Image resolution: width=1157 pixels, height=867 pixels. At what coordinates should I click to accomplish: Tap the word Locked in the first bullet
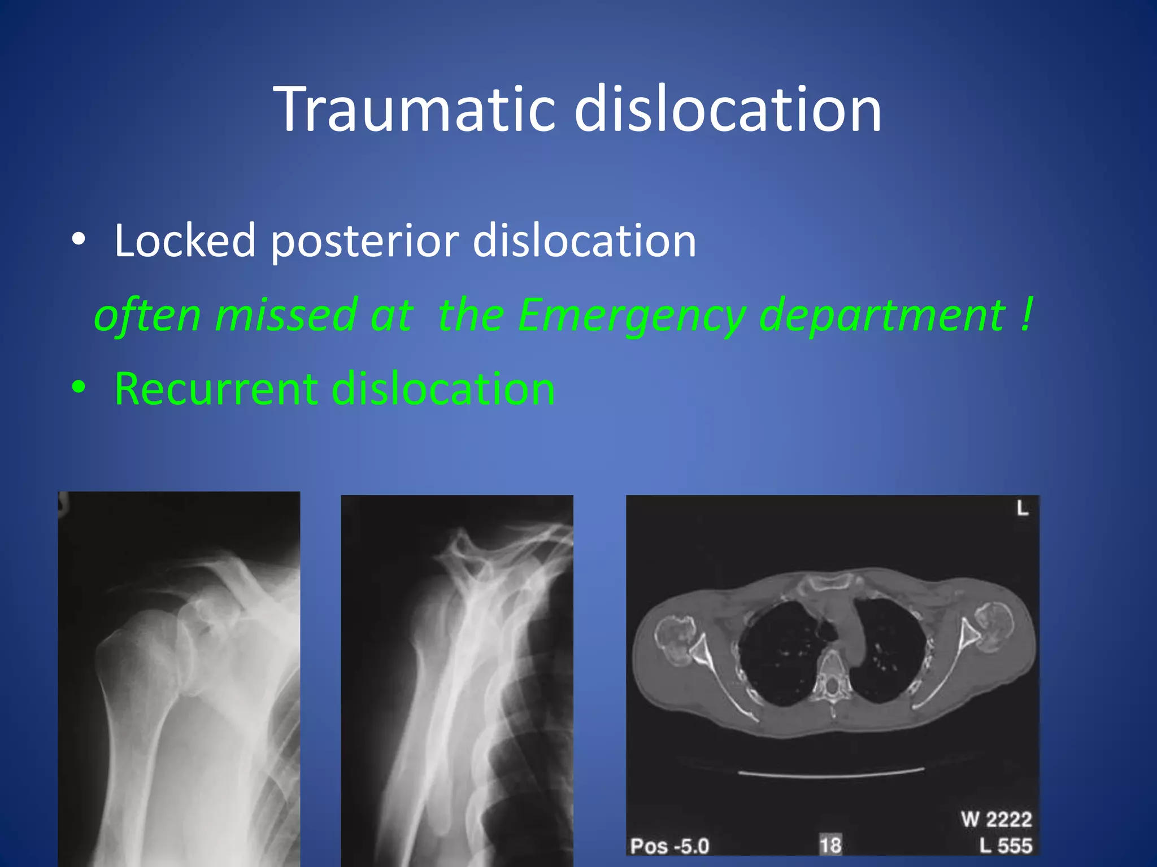pos(185,240)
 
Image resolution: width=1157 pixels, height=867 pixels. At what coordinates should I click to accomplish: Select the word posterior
pos(365,242)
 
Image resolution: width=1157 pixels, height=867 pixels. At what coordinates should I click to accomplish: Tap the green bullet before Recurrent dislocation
pos(79,388)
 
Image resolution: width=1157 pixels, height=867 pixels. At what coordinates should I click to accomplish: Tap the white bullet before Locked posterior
pos(79,239)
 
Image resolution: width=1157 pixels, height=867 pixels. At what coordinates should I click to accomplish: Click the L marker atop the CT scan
pos(1022,509)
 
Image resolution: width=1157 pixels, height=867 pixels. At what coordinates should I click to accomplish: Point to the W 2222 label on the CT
pos(997,818)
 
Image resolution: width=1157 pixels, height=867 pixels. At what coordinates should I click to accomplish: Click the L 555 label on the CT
pos(1006,846)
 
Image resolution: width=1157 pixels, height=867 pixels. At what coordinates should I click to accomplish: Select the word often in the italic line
pos(147,315)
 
